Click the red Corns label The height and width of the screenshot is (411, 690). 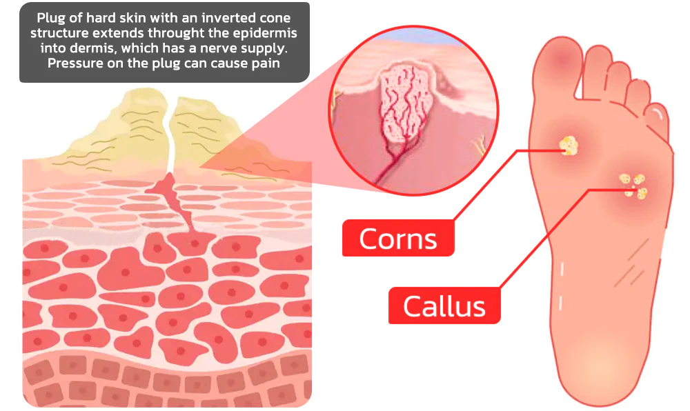[398, 239]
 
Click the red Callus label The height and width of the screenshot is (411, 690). [444, 305]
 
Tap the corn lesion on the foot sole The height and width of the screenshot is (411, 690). [568, 145]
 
